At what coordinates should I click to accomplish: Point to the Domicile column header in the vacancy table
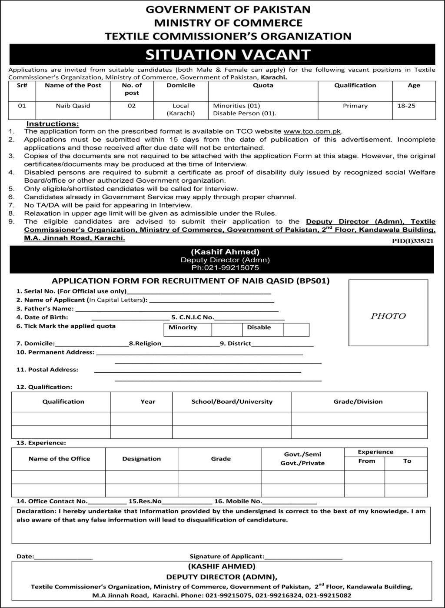tap(181, 85)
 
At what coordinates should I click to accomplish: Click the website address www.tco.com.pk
tap(312, 131)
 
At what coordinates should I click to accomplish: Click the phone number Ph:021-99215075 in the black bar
tap(225, 267)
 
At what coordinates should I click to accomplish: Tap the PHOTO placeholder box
tap(388, 313)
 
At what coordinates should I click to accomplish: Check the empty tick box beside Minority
tap(226, 330)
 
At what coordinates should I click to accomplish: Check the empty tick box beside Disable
tap(296, 330)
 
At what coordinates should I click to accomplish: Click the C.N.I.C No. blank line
tap(249, 318)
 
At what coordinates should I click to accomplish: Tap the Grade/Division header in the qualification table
tap(358, 401)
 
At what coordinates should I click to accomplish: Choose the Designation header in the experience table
tap(141, 459)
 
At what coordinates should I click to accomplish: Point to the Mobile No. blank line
tap(289, 502)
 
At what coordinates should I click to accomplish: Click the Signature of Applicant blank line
tap(303, 557)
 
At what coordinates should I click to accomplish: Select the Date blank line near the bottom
tap(63, 557)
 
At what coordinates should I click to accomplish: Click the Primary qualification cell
tap(355, 106)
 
